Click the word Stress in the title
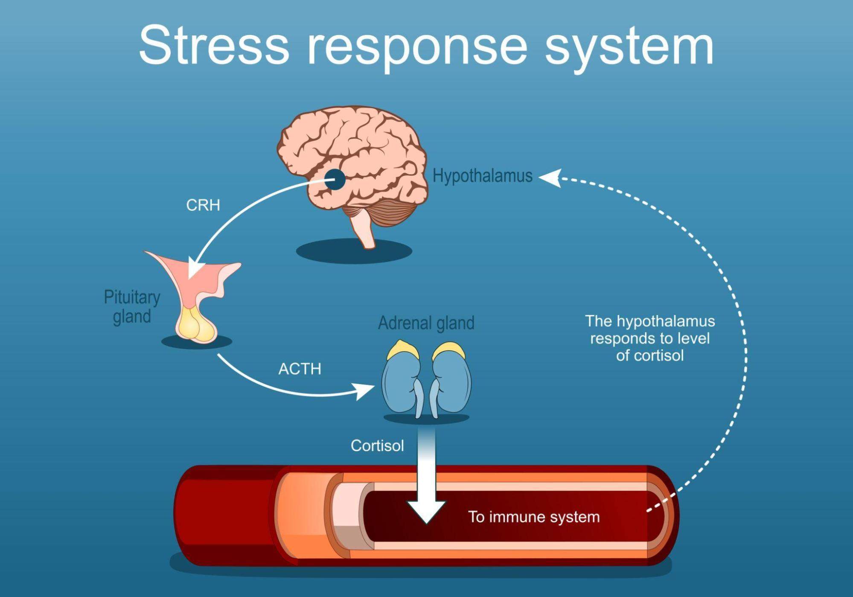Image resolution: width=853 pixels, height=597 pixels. pyautogui.click(x=214, y=45)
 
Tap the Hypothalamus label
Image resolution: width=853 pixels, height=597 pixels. pyautogui.click(x=482, y=176)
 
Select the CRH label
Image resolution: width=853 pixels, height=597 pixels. pyautogui.click(x=203, y=205)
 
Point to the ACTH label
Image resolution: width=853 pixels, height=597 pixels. pyautogui.click(x=300, y=369)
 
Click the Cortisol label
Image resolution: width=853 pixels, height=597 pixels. pyautogui.click(x=377, y=446)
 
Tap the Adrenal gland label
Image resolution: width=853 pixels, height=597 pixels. pyautogui.click(x=426, y=323)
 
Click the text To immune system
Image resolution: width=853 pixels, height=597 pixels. pyautogui.click(x=533, y=517)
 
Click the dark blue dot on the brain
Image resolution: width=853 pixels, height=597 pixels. pyautogui.click(x=335, y=179)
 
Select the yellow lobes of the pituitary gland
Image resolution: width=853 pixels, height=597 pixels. pyautogui.click(x=195, y=326)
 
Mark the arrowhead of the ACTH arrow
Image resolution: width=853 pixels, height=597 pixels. pyautogui.click(x=365, y=390)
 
